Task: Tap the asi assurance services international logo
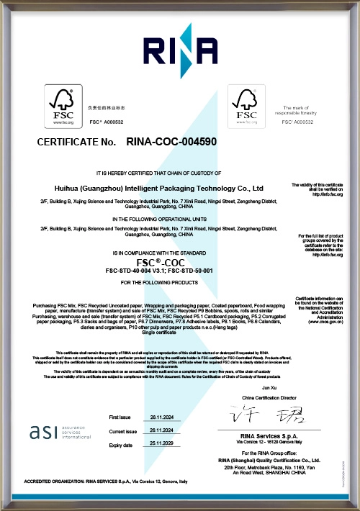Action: click(x=57, y=433)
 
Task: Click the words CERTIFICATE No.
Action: click(x=76, y=143)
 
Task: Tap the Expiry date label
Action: click(x=121, y=446)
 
